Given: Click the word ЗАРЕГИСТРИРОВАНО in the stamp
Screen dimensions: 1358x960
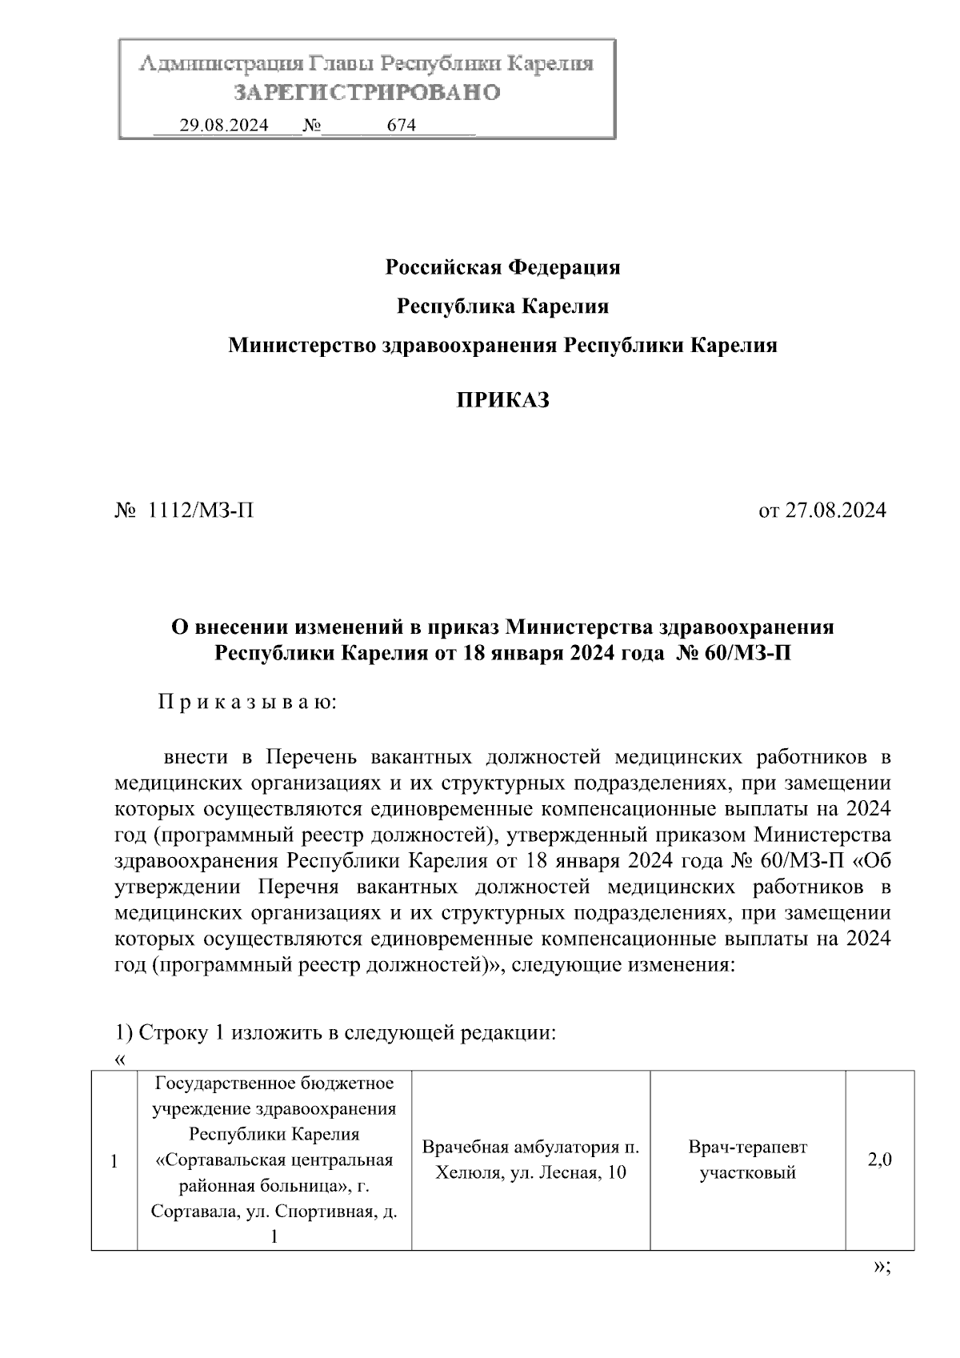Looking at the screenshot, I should (x=367, y=92).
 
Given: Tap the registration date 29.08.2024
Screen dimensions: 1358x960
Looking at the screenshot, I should (x=223, y=126).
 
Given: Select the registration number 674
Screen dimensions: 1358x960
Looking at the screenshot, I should (x=401, y=126).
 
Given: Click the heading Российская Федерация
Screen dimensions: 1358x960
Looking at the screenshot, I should (x=502, y=267).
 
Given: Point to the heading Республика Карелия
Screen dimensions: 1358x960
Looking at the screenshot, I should (x=502, y=306).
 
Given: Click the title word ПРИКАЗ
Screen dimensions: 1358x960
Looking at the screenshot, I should (x=502, y=400).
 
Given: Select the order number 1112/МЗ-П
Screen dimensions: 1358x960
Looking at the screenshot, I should (x=196, y=511).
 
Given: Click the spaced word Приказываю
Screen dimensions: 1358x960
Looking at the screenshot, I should (x=247, y=703).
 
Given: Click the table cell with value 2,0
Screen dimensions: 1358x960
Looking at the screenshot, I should (x=880, y=1160).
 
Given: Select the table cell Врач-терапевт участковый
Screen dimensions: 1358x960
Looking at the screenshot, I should (x=747, y=1160).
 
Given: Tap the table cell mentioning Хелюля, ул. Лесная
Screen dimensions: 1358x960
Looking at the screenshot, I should (x=530, y=1160).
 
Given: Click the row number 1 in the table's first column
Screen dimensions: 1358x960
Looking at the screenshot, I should (x=114, y=1162).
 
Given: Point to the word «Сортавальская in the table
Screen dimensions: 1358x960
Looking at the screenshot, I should (x=206, y=1160).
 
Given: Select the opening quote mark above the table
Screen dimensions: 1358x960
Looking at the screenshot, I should (x=120, y=1060).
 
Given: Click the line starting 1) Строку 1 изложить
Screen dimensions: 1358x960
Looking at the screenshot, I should (x=334, y=1032).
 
